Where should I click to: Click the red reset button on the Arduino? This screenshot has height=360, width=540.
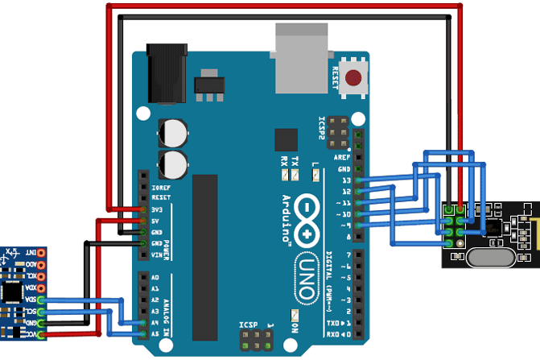pos(352,77)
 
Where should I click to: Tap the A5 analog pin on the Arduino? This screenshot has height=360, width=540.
pos(143,333)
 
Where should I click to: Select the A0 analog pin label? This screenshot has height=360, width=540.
pos(154,277)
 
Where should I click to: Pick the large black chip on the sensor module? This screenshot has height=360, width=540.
pos(14,290)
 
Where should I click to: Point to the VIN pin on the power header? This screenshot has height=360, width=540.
pos(143,254)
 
